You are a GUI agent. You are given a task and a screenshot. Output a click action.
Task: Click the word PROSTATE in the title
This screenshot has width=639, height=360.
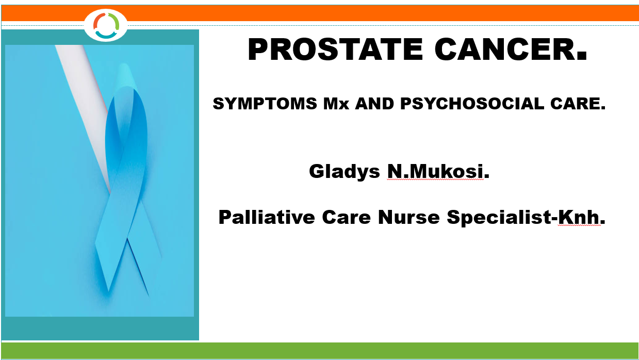click(x=335, y=50)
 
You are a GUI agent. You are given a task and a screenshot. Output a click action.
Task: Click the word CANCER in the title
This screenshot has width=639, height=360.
click(x=511, y=50)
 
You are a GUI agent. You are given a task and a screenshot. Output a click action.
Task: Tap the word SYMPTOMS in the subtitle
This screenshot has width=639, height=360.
click(x=265, y=103)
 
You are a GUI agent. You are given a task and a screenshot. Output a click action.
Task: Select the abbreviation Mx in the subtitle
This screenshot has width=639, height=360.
click(x=336, y=104)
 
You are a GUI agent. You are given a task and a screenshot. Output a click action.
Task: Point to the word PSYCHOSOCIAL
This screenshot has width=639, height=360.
click(x=472, y=103)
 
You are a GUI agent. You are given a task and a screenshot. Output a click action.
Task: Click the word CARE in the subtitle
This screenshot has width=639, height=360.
click(x=578, y=103)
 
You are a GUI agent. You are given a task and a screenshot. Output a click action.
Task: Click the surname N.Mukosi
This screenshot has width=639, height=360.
click(x=438, y=171)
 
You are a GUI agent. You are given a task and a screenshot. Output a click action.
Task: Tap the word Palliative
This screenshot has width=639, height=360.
click(x=267, y=217)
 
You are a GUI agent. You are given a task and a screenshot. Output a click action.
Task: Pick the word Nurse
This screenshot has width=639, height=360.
click(x=409, y=217)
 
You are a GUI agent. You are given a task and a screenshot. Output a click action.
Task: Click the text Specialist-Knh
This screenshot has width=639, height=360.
click(x=526, y=217)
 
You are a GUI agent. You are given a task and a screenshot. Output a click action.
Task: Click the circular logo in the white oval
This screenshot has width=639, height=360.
click(x=106, y=25)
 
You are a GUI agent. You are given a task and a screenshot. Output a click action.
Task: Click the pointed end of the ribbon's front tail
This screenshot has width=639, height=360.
click(x=109, y=291)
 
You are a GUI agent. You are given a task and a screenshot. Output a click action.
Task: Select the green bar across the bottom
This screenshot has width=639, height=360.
click(x=320, y=351)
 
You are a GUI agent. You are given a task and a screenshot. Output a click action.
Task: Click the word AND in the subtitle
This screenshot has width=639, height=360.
click(x=374, y=103)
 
